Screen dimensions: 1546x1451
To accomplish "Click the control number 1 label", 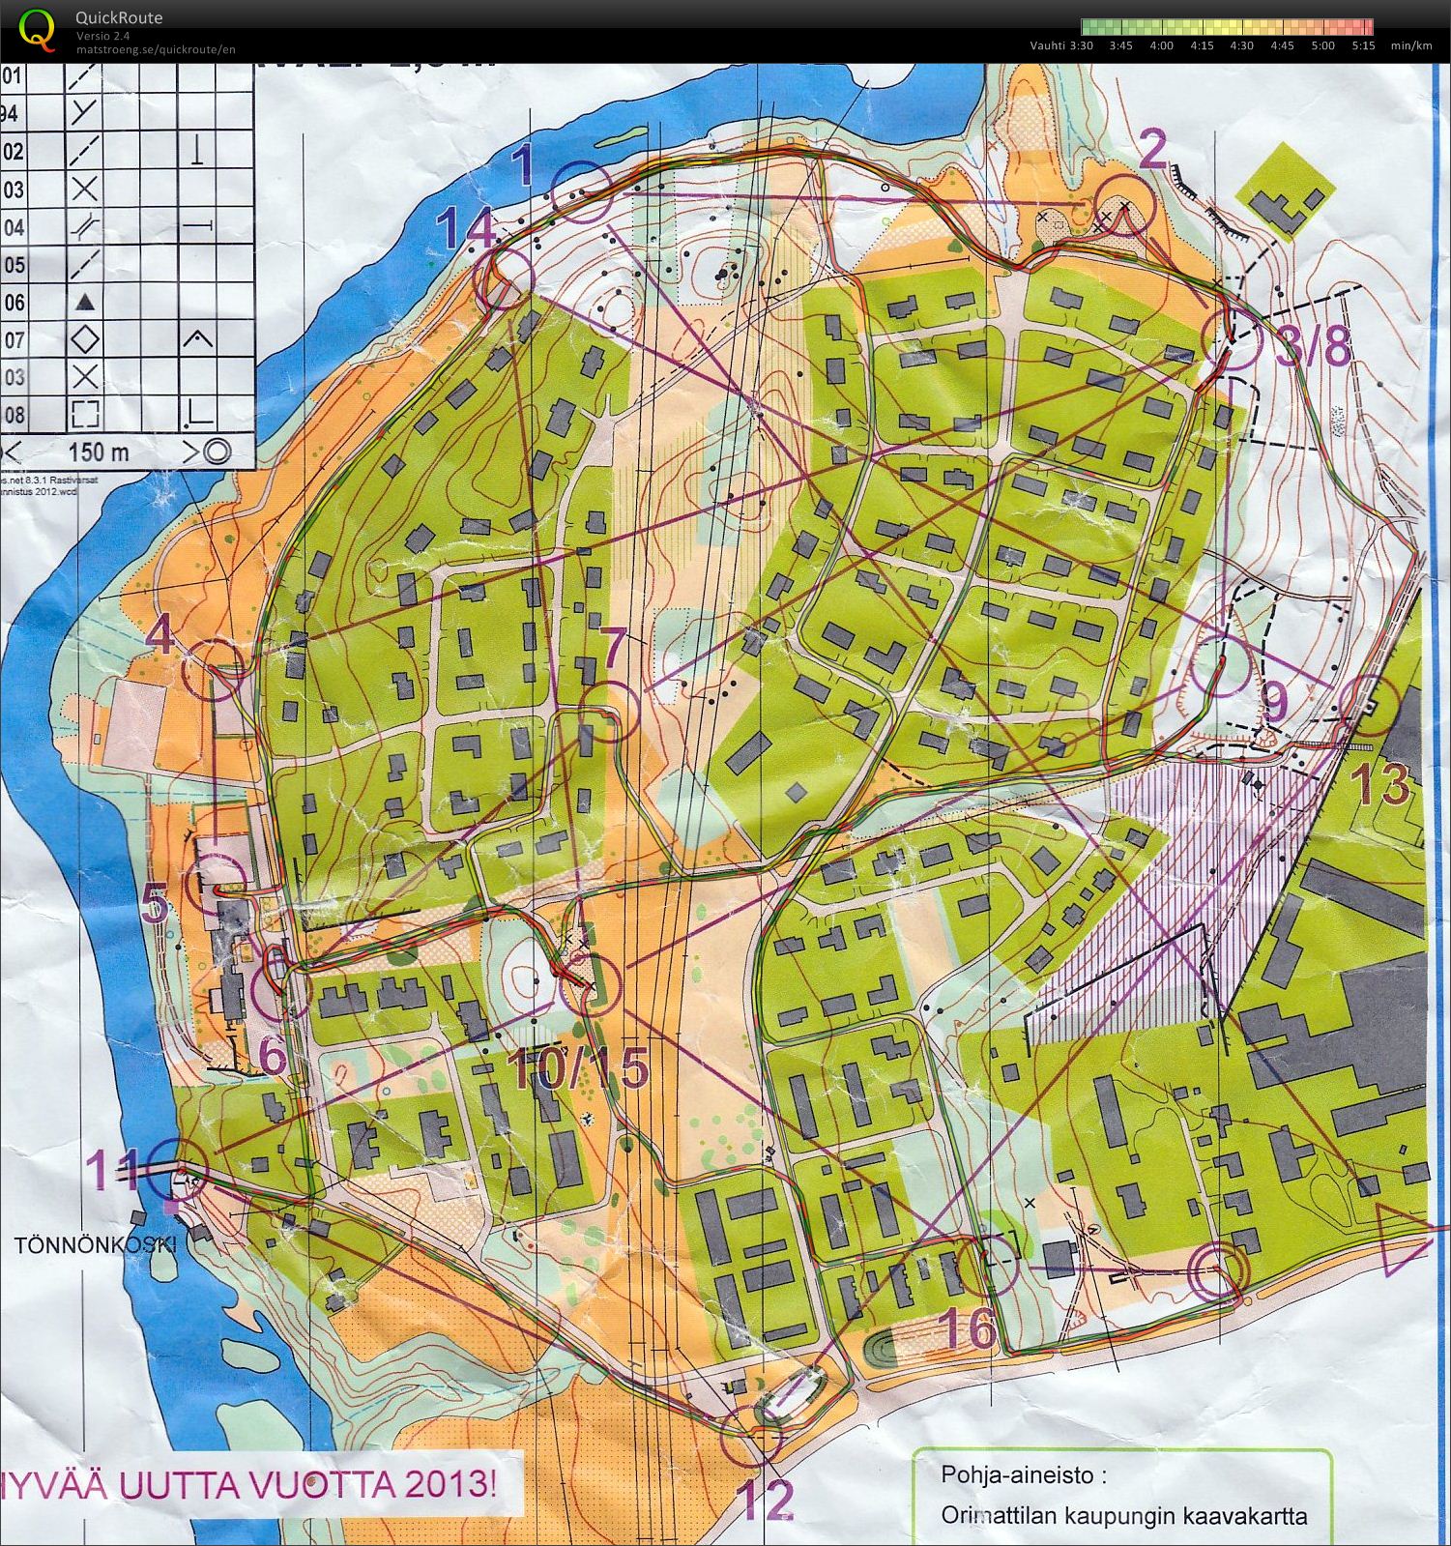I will tap(522, 164).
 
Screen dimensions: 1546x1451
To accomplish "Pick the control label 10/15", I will tap(576, 1068).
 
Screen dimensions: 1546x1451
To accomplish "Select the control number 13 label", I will tap(1384, 784).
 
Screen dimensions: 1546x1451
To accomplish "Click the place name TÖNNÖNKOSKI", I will tap(95, 1245).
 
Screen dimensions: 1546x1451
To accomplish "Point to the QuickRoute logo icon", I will tap(37, 29).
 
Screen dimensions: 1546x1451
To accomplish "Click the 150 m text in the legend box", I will tap(99, 452).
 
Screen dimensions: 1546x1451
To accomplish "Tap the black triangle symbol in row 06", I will tap(86, 303).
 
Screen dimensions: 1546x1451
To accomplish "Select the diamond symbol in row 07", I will tap(86, 339).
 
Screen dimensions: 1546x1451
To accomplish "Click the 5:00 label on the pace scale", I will tap(1322, 45).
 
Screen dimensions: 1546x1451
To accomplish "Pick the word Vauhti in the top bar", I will tap(1048, 45).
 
